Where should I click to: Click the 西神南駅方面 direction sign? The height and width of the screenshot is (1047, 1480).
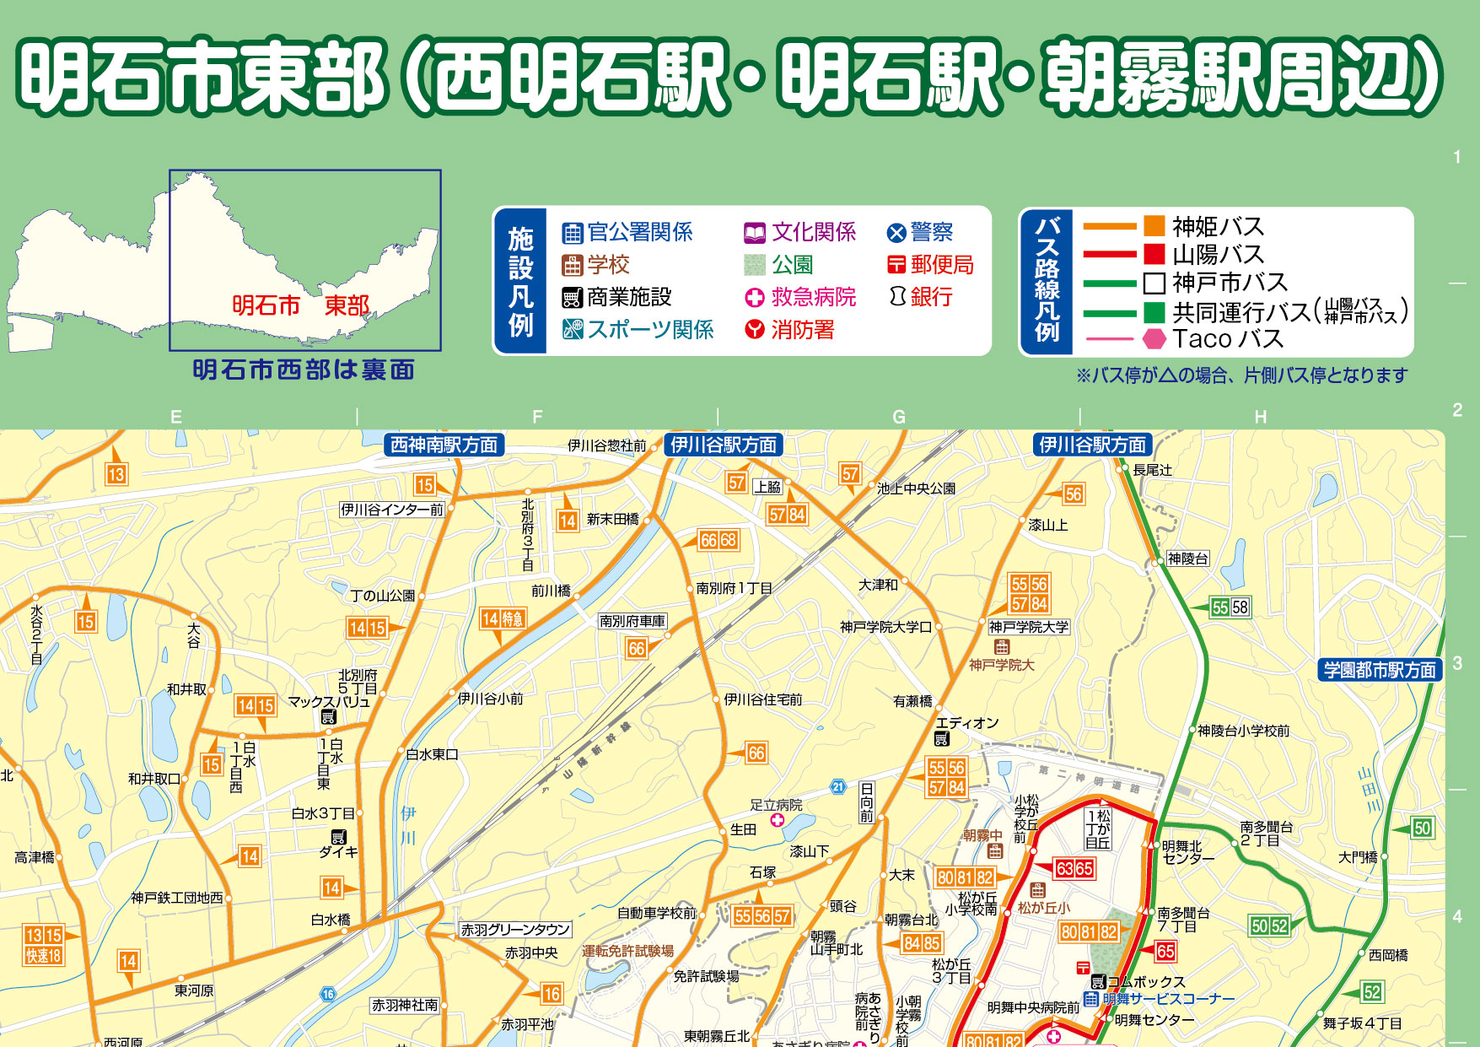coord(444,445)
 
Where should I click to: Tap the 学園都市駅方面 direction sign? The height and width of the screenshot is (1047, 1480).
coord(1380,670)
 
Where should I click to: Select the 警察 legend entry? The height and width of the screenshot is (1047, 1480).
coord(920,232)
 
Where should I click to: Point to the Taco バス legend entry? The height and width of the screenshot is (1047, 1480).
coord(1214,339)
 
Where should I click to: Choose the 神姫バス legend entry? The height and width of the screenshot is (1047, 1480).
coord(1204,226)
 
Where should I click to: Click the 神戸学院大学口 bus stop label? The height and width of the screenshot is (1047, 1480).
coord(885,627)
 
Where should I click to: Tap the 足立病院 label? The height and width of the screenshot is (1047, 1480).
coord(776,806)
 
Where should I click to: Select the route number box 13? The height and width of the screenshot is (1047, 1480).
coord(116,474)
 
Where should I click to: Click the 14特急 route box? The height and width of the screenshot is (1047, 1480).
coord(503,619)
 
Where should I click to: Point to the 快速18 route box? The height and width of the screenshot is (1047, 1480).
coord(43,955)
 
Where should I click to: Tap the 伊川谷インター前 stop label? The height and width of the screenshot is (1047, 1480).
coord(392,510)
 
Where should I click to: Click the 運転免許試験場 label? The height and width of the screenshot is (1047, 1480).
coord(627,951)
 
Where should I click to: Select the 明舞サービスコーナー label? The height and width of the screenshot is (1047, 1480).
coord(1168,999)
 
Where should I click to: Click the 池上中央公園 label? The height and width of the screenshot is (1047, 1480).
coord(916,488)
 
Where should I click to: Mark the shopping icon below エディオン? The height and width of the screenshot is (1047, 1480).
coord(941,740)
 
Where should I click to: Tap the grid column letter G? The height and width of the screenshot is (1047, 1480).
coord(899,417)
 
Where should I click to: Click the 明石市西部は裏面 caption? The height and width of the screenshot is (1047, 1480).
coord(304,370)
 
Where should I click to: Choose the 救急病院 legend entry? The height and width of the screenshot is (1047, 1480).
coord(800,297)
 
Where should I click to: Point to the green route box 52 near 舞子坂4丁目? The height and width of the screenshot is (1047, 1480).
coord(1372,992)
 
